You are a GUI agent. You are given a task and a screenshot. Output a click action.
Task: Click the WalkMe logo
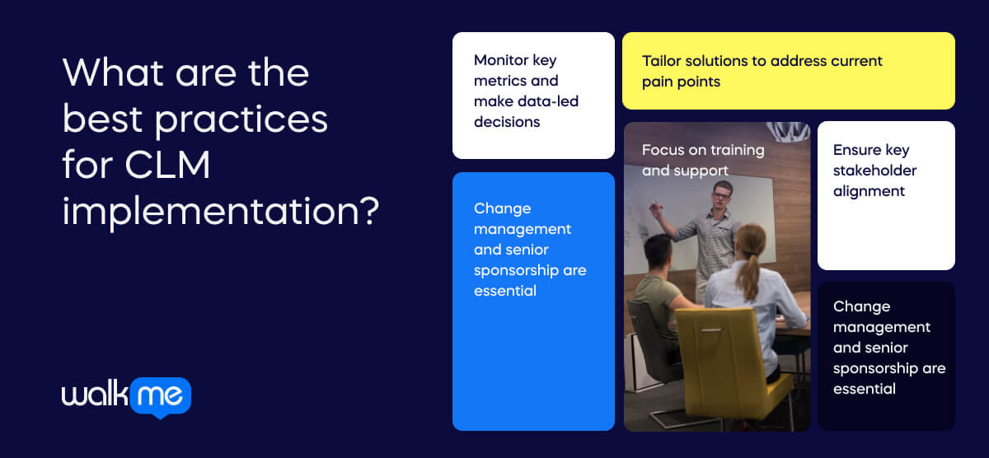[x=126, y=397]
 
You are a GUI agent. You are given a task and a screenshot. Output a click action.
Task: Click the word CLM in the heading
[x=168, y=166]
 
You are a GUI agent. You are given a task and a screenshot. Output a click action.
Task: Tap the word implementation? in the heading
[x=220, y=212]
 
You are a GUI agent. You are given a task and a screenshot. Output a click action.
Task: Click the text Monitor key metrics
[x=516, y=70]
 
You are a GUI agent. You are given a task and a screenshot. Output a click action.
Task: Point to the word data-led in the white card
[x=549, y=101]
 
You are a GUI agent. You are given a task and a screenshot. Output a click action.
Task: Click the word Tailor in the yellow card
[x=663, y=61]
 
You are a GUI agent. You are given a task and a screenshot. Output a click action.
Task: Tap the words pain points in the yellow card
[x=681, y=82]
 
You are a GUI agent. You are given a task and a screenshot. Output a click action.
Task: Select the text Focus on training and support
[x=703, y=160]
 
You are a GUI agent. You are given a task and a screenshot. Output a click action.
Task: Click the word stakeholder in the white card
[x=874, y=171]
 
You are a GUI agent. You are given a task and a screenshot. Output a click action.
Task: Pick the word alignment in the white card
[x=869, y=191]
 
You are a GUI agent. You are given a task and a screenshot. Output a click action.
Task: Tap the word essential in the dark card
[x=864, y=389]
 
